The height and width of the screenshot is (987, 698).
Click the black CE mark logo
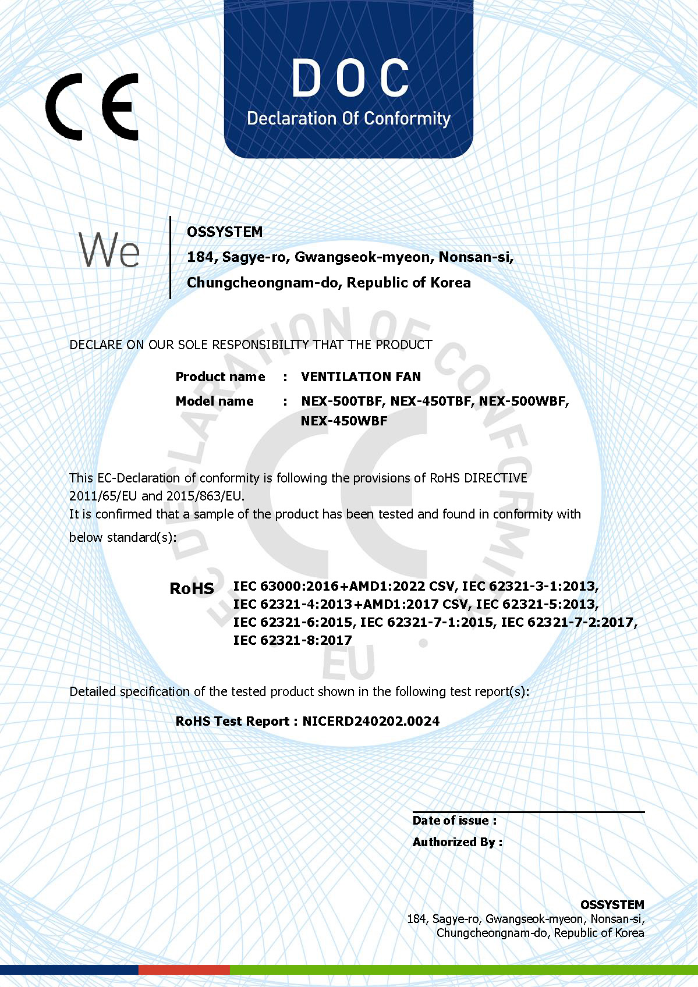click(x=92, y=106)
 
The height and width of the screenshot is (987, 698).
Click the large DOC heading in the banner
click(x=350, y=78)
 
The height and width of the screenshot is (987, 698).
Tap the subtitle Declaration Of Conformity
click(x=349, y=119)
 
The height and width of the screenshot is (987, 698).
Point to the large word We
click(x=109, y=250)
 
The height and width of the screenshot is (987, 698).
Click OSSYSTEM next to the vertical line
click(x=225, y=232)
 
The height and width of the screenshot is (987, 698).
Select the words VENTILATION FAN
click(x=361, y=377)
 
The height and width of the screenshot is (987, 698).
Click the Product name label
click(x=220, y=377)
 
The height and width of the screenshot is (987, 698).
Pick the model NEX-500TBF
click(x=342, y=401)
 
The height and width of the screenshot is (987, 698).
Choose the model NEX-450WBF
click(x=343, y=421)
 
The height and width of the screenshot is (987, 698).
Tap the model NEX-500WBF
click(x=523, y=401)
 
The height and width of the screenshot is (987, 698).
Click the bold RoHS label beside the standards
click(x=192, y=588)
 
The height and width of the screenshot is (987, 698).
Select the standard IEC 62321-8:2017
click(x=292, y=640)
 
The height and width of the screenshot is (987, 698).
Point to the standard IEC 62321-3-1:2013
click(x=530, y=586)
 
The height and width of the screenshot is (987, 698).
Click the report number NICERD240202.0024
click(x=371, y=721)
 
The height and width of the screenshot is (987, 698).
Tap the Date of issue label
click(x=454, y=821)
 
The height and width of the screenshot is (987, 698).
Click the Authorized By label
click(x=457, y=842)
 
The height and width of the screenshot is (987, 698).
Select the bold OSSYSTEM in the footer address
click(x=612, y=904)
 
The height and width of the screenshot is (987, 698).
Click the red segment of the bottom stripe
click(x=184, y=970)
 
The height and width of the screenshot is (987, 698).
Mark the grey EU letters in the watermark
click(x=349, y=664)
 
